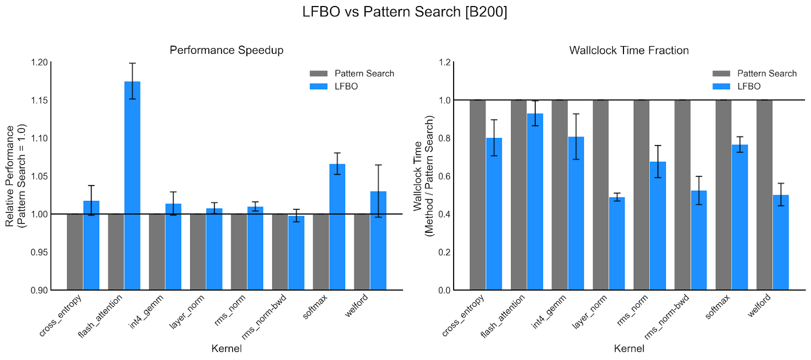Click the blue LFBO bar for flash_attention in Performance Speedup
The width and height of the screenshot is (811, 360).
[x=132, y=186]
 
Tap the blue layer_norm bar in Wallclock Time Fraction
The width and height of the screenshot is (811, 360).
[x=617, y=243]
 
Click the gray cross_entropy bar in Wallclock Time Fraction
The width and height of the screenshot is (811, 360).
[x=477, y=195]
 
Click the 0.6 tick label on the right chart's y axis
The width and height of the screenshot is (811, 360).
[x=445, y=176]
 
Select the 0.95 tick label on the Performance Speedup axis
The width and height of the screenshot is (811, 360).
[x=40, y=252]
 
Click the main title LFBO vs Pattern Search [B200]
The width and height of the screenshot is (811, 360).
[x=404, y=12]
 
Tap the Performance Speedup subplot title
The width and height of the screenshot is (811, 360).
[x=227, y=50]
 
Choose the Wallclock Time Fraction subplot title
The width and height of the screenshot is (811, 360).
[x=629, y=50]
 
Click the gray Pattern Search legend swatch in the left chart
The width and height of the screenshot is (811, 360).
[x=319, y=74]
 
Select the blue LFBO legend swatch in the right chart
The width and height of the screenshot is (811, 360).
[x=721, y=86]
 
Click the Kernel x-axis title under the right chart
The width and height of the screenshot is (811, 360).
[x=629, y=348]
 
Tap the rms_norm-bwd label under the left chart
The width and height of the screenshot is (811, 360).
[x=264, y=317]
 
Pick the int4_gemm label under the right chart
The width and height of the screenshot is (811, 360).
[x=549, y=312]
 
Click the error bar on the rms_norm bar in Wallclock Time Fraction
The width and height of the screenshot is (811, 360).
[x=658, y=161]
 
